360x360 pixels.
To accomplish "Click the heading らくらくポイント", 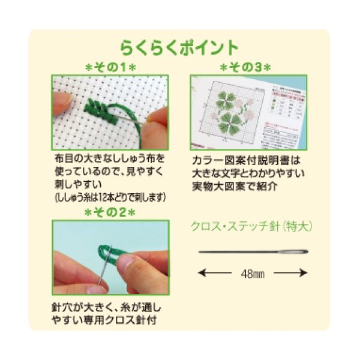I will pos(179,47).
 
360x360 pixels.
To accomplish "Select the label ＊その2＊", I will pos(110,212).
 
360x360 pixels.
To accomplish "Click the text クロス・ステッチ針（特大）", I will pos(251,227).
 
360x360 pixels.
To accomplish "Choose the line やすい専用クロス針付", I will pos(104,319).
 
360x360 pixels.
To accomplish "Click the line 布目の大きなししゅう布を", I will pos(109,160).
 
